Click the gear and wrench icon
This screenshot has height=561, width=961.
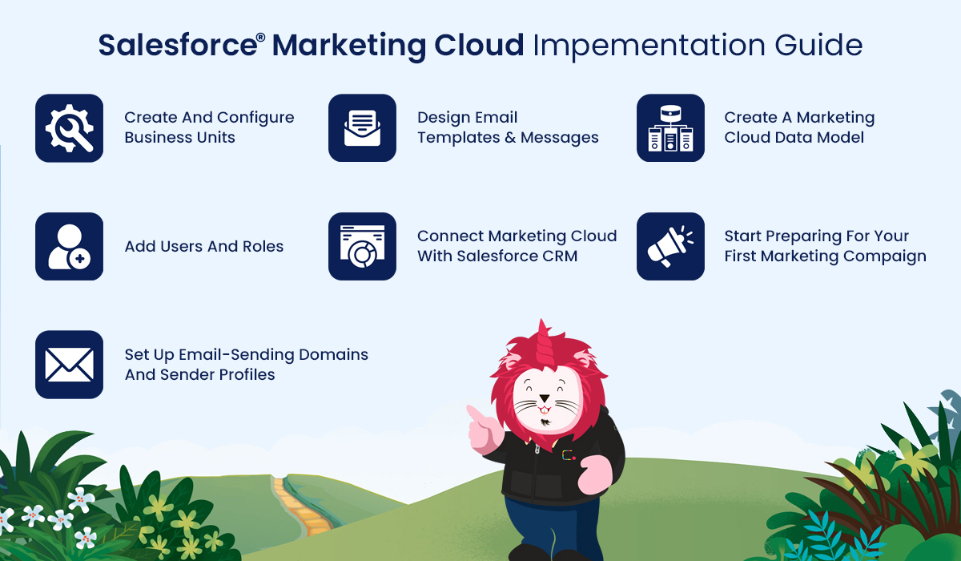coord(69,128)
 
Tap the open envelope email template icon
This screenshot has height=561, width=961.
coord(362,128)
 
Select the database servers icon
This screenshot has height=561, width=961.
coord(670,128)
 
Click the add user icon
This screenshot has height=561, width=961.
coord(69,246)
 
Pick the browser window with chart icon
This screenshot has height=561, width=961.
coord(362,246)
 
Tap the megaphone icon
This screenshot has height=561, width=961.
coord(670,246)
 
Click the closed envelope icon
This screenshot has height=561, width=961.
coord(69,365)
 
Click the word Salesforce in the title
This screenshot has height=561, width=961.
coord(178,45)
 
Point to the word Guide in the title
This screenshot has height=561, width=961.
coord(818,45)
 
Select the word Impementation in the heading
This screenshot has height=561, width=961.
coord(649,46)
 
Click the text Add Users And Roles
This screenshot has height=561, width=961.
coord(203,246)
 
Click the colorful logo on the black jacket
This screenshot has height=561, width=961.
coord(569,455)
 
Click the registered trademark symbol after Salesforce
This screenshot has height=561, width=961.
coord(261,37)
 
